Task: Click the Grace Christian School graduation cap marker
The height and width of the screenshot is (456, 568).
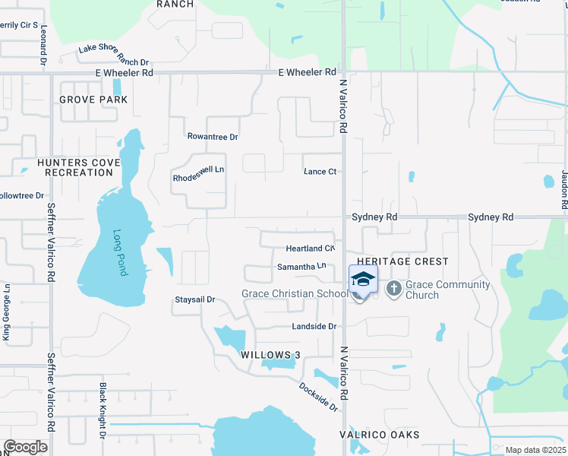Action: coord(363,280)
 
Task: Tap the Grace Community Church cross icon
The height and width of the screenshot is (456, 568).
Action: coord(393,288)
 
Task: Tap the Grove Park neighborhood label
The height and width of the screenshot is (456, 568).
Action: coord(93,100)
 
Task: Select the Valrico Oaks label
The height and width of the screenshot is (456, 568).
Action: coord(379,435)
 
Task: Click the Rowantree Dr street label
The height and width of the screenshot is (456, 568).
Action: coord(213,137)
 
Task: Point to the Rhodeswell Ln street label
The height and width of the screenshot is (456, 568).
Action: coord(199,174)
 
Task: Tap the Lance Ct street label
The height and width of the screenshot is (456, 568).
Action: coord(320,172)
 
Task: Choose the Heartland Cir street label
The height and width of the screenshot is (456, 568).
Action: coord(310,249)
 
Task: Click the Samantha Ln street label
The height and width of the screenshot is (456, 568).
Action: coord(301,266)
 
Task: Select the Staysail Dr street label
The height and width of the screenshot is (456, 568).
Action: coord(196,299)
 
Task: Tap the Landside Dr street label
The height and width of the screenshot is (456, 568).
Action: coord(314,326)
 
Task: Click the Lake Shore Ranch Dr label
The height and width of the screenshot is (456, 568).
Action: coord(114,56)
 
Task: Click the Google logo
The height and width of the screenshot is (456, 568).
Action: coord(26,447)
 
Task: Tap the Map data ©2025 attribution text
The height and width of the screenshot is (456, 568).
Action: coord(535,450)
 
